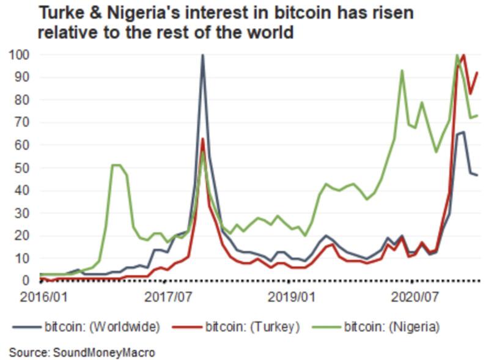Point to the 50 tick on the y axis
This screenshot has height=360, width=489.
(x=23, y=167)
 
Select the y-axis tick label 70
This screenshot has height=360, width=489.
(x=23, y=122)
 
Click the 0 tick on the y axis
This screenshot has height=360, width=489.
(x=26, y=281)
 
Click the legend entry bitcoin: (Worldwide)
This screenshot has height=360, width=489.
(x=101, y=326)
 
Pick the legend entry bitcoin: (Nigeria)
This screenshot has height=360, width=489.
(x=391, y=326)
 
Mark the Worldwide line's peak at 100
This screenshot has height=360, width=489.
(x=202, y=55)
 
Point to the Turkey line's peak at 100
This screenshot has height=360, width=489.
(x=464, y=55)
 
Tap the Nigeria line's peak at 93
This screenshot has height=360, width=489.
(x=402, y=70)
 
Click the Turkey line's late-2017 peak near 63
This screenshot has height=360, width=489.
(x=202, y=139)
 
